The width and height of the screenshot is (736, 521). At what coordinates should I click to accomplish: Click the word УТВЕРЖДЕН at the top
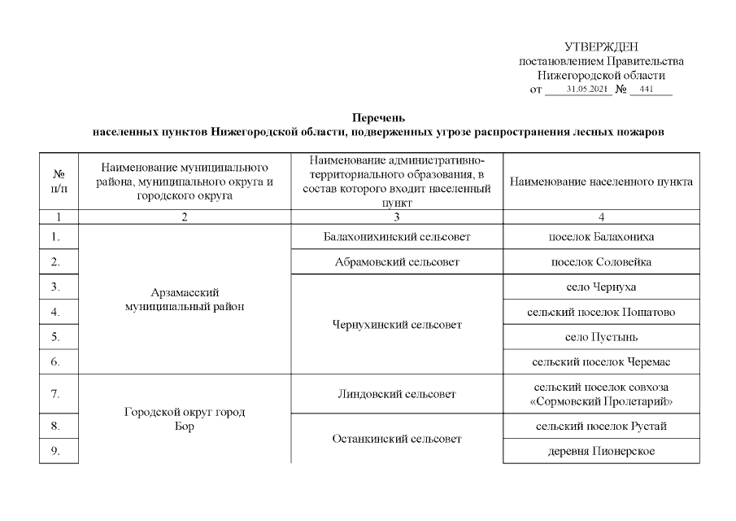coord(601,47)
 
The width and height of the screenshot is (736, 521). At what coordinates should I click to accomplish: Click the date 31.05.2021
coord(588,90)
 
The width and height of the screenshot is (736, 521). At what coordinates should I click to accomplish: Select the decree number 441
coord(647,90)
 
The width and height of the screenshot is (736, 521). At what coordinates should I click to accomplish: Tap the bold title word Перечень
coord(378,117)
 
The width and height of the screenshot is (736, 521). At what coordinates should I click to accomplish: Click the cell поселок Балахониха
coord(601,237)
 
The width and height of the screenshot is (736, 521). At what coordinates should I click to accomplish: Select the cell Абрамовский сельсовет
coord(397,262)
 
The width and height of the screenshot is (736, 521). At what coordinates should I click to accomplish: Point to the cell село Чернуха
coord(601,287)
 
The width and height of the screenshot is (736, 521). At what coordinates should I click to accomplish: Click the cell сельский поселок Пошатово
coord(601,312)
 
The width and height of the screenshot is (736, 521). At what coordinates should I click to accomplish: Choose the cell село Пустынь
coord(601,337)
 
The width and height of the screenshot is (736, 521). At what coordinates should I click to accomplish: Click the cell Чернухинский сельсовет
coord(397,325)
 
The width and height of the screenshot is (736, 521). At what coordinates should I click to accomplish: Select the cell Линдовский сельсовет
coord(397,394)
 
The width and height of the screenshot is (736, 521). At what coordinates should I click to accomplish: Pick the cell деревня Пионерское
coord(601,451)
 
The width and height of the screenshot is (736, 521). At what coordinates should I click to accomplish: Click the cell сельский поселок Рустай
coord(601,426)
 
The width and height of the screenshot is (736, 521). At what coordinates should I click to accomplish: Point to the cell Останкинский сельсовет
coord(397,439)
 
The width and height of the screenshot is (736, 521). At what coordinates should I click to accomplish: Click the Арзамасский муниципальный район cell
coord(185,300)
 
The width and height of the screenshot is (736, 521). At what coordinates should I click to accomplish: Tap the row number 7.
coord(55,394)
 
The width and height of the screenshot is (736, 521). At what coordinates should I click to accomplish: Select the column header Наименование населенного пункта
coord(601,182)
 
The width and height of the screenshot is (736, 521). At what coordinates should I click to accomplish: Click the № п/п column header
coord(59,182)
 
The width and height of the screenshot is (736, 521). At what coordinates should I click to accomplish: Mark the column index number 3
coord(397,217)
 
